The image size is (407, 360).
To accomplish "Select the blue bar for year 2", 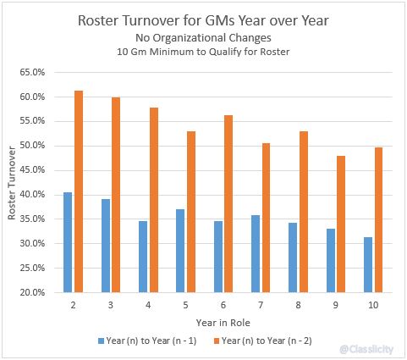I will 68,242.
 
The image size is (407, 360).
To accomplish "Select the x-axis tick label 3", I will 111,304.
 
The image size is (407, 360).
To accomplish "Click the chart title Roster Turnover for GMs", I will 203,20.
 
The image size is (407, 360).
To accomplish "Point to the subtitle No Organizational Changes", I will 203,38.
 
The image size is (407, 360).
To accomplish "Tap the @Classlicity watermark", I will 366,347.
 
